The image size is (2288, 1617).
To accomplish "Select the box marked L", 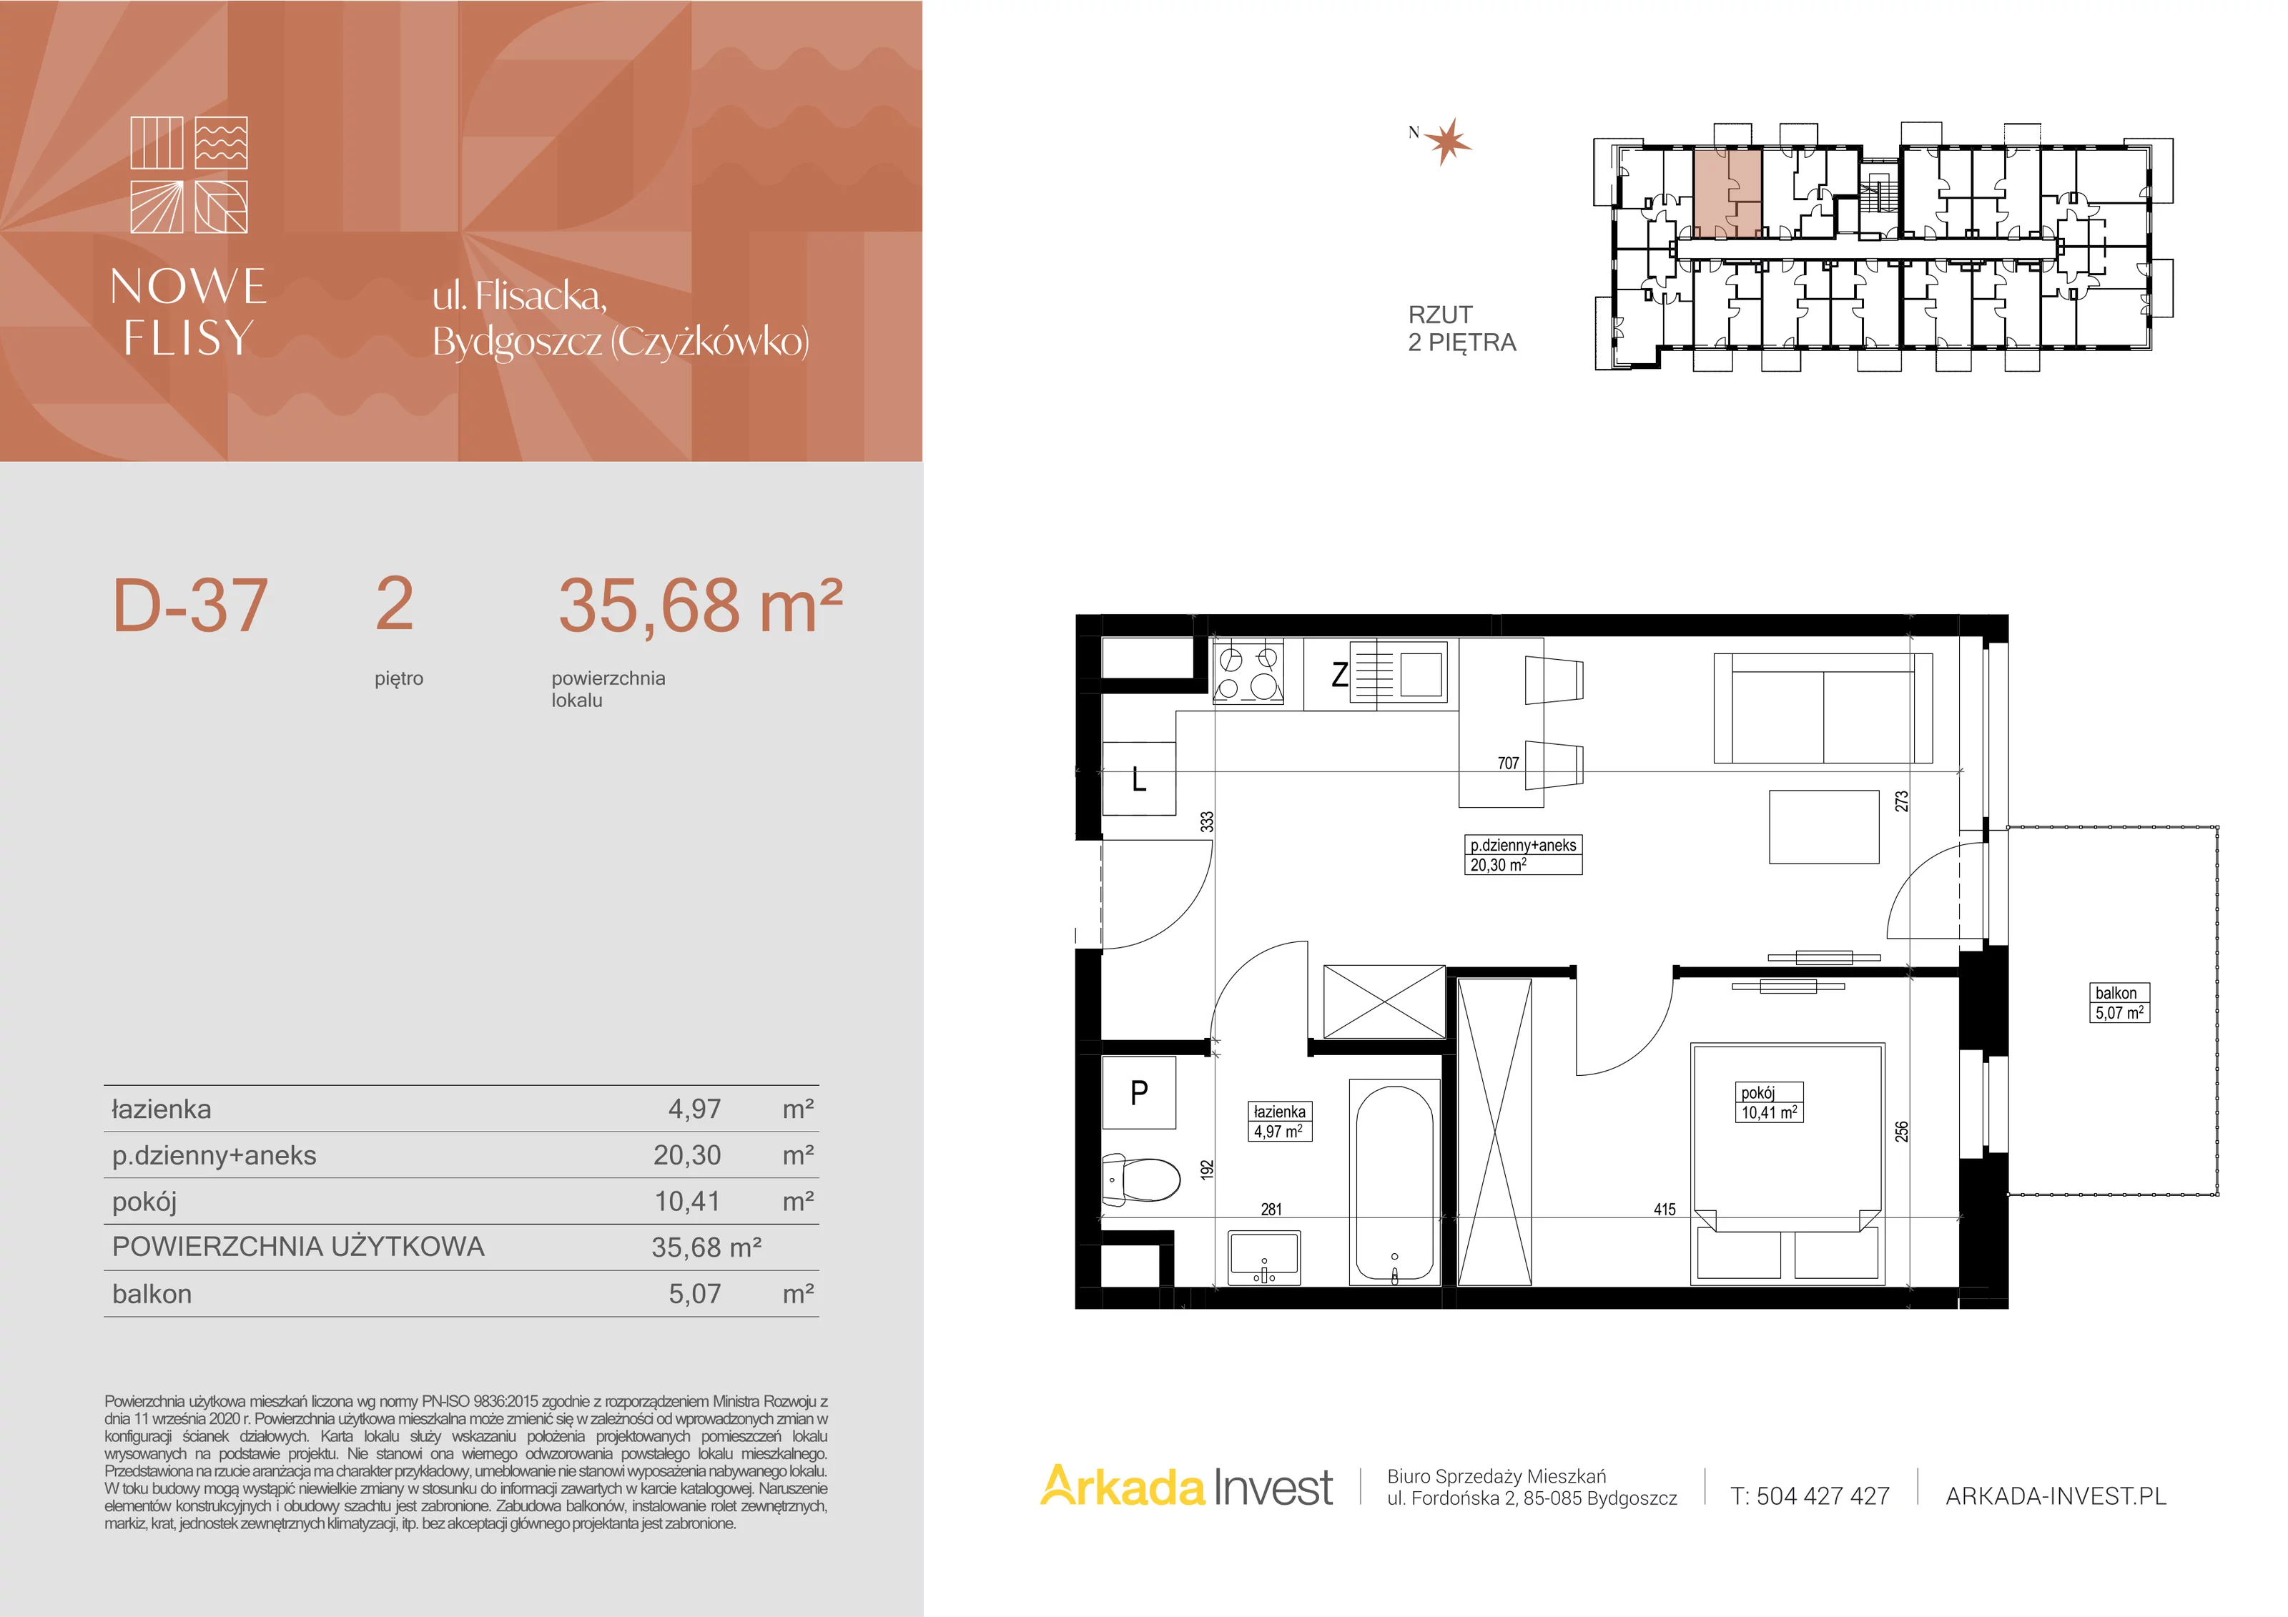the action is (x=1139, y=778).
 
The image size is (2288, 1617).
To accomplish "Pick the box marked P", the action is (x=1139, y=1093).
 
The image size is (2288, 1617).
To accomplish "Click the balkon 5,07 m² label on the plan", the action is (x=2119, y=1002).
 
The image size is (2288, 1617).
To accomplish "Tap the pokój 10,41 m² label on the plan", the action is (x=1770, y=1103).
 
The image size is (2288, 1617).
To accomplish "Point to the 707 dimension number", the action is (x=1508, y=763).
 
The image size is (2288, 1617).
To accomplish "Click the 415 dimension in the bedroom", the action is (x=1665, y=1210).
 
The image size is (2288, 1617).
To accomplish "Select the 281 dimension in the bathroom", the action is (x=1271, y=1210).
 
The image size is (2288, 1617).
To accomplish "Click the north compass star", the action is (x=1446, y=142).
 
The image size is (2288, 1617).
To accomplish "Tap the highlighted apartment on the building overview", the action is (x=1728, y=193).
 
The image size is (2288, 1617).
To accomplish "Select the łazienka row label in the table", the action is (x=162, y=1109).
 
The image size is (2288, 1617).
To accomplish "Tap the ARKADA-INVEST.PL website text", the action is (x=2056, y=1495).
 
